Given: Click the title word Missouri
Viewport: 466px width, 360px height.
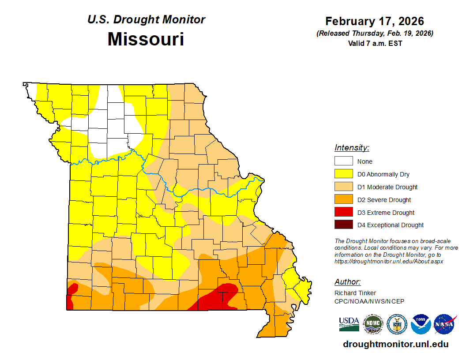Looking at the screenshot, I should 146,39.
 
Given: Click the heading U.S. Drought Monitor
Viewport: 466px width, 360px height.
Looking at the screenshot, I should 146,20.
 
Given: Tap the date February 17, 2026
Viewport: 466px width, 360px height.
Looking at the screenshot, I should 374,21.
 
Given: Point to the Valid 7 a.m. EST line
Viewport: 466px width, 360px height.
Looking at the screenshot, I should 375,43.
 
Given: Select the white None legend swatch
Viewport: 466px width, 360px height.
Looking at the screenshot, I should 343,161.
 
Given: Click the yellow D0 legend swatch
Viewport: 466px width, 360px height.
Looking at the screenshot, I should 343,174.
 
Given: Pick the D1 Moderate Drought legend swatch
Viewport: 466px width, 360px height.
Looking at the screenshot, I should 343,187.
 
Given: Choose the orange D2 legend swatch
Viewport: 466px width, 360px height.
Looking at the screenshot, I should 343,200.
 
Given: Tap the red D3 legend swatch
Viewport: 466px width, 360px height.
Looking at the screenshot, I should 343,213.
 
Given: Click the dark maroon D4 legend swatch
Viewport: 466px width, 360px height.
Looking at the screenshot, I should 343,225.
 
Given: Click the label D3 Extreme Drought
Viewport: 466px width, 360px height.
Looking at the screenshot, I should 386,213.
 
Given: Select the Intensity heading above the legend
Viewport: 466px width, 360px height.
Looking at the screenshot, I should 352,148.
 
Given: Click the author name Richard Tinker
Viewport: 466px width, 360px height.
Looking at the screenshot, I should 355,293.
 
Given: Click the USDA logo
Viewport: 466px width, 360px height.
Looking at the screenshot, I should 349,324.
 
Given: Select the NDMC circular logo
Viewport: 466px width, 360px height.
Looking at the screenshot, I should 373,324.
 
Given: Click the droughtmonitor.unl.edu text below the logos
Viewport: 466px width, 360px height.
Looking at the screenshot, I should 395,344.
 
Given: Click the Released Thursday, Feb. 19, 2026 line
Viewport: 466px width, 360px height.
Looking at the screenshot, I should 375,34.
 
